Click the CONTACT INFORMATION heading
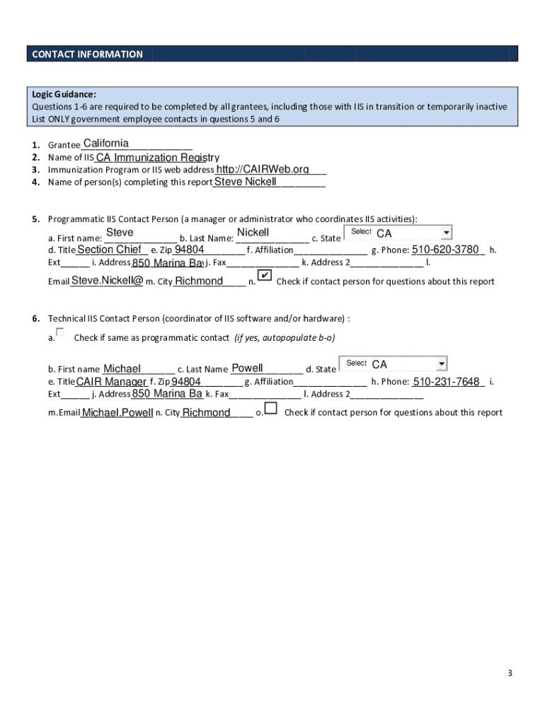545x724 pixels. click(x=86, y=54)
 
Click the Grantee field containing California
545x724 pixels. click(x=106, y=144)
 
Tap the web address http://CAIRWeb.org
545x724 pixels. click(x=262, y=170)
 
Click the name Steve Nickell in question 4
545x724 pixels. click(x=245, y=182)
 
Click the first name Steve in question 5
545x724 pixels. click(x=120, y=233)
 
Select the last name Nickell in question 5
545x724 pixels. click(x=253, y=233)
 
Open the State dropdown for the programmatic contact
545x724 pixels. click(x=445, y=233)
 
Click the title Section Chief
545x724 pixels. click(x=109, y=250)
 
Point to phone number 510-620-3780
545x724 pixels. click(x=447, y=250)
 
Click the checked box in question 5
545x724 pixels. click(x=263, y=275)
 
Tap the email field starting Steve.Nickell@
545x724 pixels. click(x=107, y=281)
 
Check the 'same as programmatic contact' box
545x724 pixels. click(x=60, y=332)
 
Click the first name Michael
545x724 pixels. click(x=122, y=368)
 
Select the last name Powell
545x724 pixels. click(x=247, y=368)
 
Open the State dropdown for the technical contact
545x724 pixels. click(x=441, y=363)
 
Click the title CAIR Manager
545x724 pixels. click(x=110, y=383)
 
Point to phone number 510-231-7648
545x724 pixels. click(x=447, y=383)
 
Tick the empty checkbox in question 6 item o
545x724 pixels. click(x=271, y=410)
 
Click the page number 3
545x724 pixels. click(x=509, y=672)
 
